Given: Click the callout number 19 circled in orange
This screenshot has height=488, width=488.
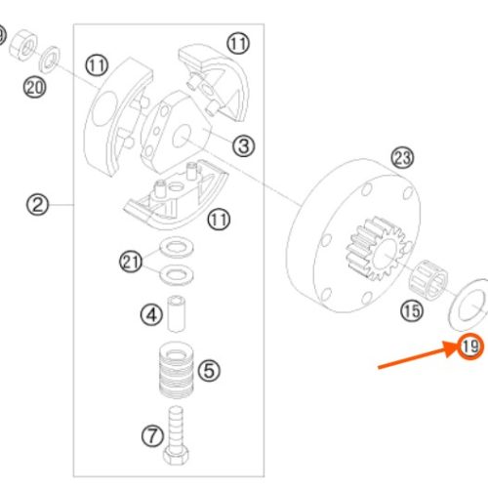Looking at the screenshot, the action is point(470,346).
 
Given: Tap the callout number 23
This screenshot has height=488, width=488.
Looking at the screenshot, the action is point(402,158).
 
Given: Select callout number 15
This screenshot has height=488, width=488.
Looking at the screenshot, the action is point(412,310).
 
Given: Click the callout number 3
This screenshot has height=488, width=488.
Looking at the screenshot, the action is point(244,145).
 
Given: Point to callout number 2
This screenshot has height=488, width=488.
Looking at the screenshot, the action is point(37,205).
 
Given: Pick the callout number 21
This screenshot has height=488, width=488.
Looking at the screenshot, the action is point(131,262).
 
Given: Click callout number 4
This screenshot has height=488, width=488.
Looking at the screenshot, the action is point(151,315).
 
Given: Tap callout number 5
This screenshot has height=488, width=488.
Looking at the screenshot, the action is point(209,370).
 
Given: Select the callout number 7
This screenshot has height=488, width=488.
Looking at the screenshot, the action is point(152,436).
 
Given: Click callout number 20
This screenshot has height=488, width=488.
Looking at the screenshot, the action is point(34,87).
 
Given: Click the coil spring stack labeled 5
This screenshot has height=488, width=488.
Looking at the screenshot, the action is point(177,370).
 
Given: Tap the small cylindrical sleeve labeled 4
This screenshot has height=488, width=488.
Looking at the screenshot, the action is point(177,313).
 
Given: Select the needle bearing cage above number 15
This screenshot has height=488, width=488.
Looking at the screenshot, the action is point(427,279).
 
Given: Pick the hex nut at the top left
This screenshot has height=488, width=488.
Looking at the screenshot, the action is point(22,45).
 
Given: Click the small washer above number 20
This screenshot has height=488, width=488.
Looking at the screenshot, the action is point(50,60).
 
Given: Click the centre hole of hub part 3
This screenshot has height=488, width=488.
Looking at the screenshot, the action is point(182,137).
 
